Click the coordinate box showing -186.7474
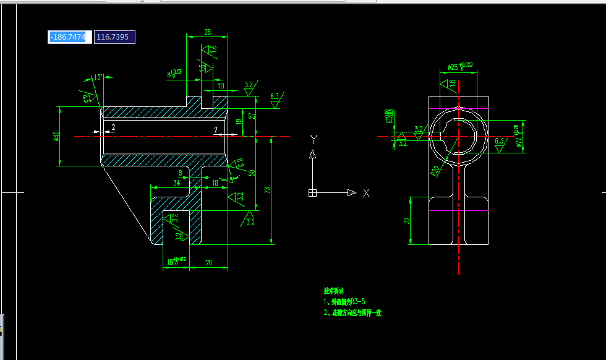coord(70,37)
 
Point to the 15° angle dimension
coord(98,77)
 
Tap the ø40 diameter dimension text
coord(56,136)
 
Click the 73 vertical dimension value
coord(268,190)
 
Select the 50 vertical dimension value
coord(252,173)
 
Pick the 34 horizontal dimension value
coord(176,183)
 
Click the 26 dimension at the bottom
coord(209,263)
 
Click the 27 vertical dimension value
coord(252,116)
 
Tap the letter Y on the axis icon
coord(314,138)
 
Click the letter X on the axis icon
coord(366,193)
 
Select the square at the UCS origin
coord(312,193)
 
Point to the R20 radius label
coord(435,169)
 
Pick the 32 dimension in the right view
coord(406,220)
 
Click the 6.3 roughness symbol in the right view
coord(500,142)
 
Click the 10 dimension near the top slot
coord(221,85)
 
